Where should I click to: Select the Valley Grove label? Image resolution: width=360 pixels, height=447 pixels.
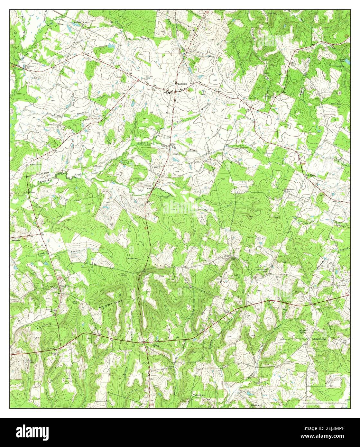(199, 395)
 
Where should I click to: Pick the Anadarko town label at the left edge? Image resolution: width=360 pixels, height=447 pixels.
(16, 241)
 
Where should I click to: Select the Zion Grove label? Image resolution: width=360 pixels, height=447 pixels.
(254, 406)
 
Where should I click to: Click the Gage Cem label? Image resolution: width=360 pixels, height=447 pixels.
(272, 14)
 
